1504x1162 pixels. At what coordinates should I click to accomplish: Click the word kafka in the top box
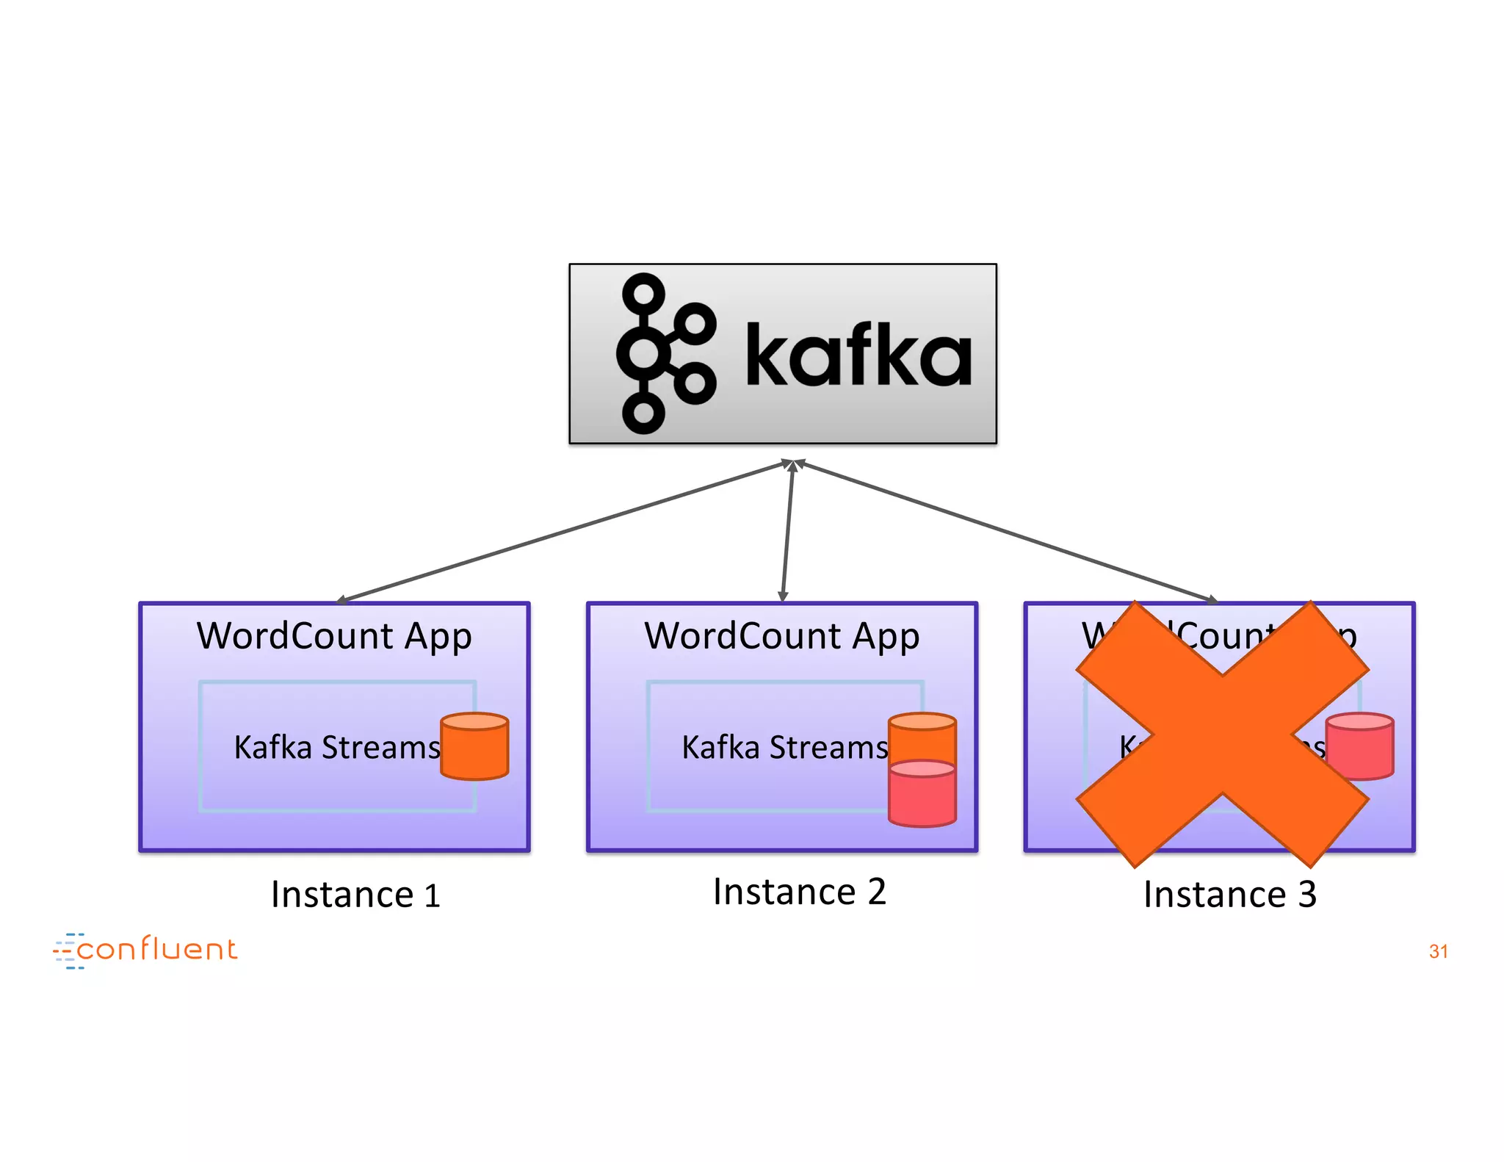point(858,356)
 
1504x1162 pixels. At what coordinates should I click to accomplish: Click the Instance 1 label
point(355,895)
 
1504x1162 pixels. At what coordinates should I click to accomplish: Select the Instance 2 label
point(799,892)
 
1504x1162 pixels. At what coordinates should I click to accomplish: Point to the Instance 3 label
point(1229,895)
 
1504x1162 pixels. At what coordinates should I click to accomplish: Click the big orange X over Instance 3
point(1222,735)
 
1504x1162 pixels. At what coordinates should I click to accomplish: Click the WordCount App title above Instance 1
point(334,636)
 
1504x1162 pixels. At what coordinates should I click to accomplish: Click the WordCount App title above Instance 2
point(781,636)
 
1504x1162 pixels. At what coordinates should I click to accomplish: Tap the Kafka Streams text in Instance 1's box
point(336,748)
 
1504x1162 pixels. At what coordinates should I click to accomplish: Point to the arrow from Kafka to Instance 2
point(787,531)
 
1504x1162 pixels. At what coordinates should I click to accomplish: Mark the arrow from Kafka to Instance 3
point(1006,531)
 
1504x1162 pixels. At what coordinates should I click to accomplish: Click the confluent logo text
point(157,950)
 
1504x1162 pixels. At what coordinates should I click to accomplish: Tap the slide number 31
point(1438,951)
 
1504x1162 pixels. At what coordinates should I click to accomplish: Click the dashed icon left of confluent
point(68,951)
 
